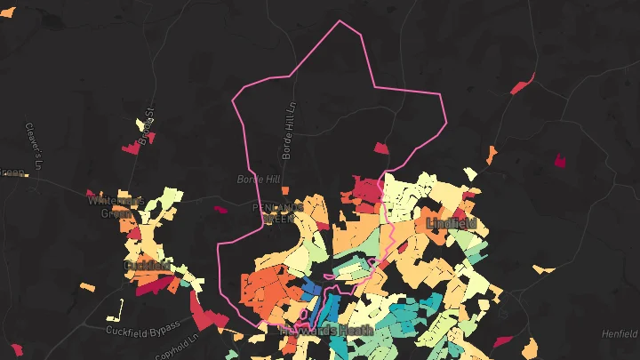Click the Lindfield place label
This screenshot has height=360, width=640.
click(x=452, y=222)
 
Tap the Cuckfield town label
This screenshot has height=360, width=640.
click(x=147, y=265)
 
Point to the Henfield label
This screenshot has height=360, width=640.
click(x=619, y=333)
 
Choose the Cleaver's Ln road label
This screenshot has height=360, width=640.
click(x=33, y=147)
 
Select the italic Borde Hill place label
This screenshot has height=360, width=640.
click(x=258, y=179)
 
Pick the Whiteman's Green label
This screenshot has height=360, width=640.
click(x=116, y=206)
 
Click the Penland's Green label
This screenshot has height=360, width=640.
click(x=278, y=212)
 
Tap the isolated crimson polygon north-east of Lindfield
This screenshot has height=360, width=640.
click(x=560, y=161)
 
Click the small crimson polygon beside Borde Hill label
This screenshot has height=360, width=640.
click(x=220, y=210)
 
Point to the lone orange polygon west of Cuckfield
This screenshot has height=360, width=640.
click(x=86, y=286)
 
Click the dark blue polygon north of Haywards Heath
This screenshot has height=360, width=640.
click(x=312, y=286)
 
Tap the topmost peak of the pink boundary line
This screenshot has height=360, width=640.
click(x=340, y=21)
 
